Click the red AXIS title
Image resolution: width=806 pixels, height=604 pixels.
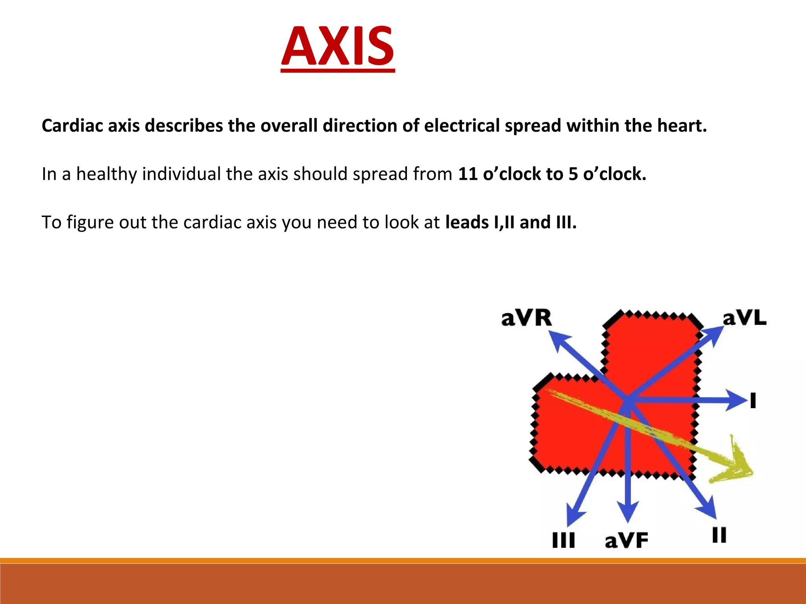tap(338, 46)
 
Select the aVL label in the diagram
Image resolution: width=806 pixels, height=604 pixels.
tap(745, 318)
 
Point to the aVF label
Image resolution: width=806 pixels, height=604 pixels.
tap(626, 540)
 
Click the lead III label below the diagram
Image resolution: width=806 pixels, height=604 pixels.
tap(563, 540)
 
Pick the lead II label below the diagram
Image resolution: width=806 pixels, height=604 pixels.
tap(719, 535)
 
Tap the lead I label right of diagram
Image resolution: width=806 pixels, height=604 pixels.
tap(753, 401)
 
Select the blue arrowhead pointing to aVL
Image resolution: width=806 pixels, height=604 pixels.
tap(714, 335)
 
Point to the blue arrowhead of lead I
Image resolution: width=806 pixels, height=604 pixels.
tap(737, 400)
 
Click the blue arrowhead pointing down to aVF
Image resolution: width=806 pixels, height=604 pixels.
tap(629, 511)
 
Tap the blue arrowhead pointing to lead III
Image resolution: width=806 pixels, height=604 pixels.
tap(574, 517)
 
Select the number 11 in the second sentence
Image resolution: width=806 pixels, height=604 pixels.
tap(468, 174)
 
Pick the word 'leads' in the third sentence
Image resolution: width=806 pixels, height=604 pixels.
tap(466, 222)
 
